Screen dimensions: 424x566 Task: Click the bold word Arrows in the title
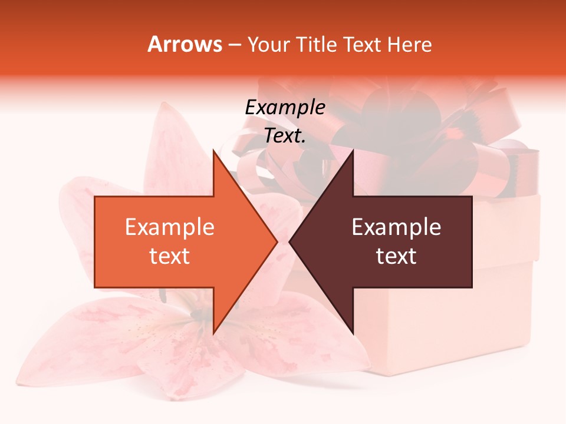coord(185,44)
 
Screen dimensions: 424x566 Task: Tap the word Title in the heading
coord(316,44)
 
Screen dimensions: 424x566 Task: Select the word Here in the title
coord(410,44)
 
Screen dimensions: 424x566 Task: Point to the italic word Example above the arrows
coord(285,108)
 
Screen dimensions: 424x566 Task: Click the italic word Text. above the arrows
coord(285,136)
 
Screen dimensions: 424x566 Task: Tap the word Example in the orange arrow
coord(169,227)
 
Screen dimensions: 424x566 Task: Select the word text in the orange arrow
coord(169,256)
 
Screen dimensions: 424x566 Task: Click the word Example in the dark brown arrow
coord(396,227)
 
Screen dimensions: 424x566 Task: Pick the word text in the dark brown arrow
coord(396,256)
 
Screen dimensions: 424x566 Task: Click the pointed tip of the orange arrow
coord(276,241)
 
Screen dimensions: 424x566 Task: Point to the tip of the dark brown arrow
coord(291,241)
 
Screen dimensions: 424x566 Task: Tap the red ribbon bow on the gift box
coord(413,135)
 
